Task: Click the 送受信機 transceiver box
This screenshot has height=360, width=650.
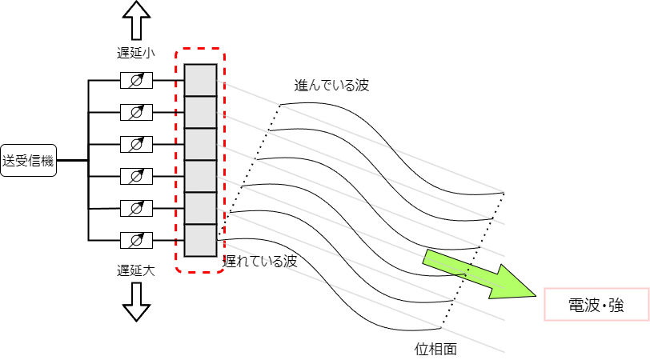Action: click(x=27, y=161)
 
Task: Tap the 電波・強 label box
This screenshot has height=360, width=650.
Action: click(x=596, y=305)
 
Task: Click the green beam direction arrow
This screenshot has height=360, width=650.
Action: click(x=480, y=276)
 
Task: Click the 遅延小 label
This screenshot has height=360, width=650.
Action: click(x=135, y=53)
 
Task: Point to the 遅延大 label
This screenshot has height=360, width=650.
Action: click(x=135, y=270)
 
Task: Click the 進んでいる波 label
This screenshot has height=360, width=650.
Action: click(x=331, y=86)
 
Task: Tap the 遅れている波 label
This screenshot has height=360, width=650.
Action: click(x=260, y=261)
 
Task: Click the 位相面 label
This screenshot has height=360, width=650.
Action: click(x=435, y=349)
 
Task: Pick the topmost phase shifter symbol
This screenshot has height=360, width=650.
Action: click(x=136, y=81)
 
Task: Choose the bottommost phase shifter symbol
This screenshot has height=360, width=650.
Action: click(x=136, y=239)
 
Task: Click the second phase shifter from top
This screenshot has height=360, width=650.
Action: click(x=136, y=112)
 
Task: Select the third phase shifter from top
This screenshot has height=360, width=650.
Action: click(x=136, y=144)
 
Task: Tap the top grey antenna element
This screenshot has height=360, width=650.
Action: click(x=200, y=80)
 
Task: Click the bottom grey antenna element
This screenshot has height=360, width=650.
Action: click(x=200, y=240)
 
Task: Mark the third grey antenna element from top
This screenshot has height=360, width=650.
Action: click(x=200, y=144)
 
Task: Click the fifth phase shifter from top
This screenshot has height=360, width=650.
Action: click(x=136, y=208)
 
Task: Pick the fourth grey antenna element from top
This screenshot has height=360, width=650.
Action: click(x=200, y=176)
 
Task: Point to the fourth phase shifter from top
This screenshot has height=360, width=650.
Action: click(x=136, y=176)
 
